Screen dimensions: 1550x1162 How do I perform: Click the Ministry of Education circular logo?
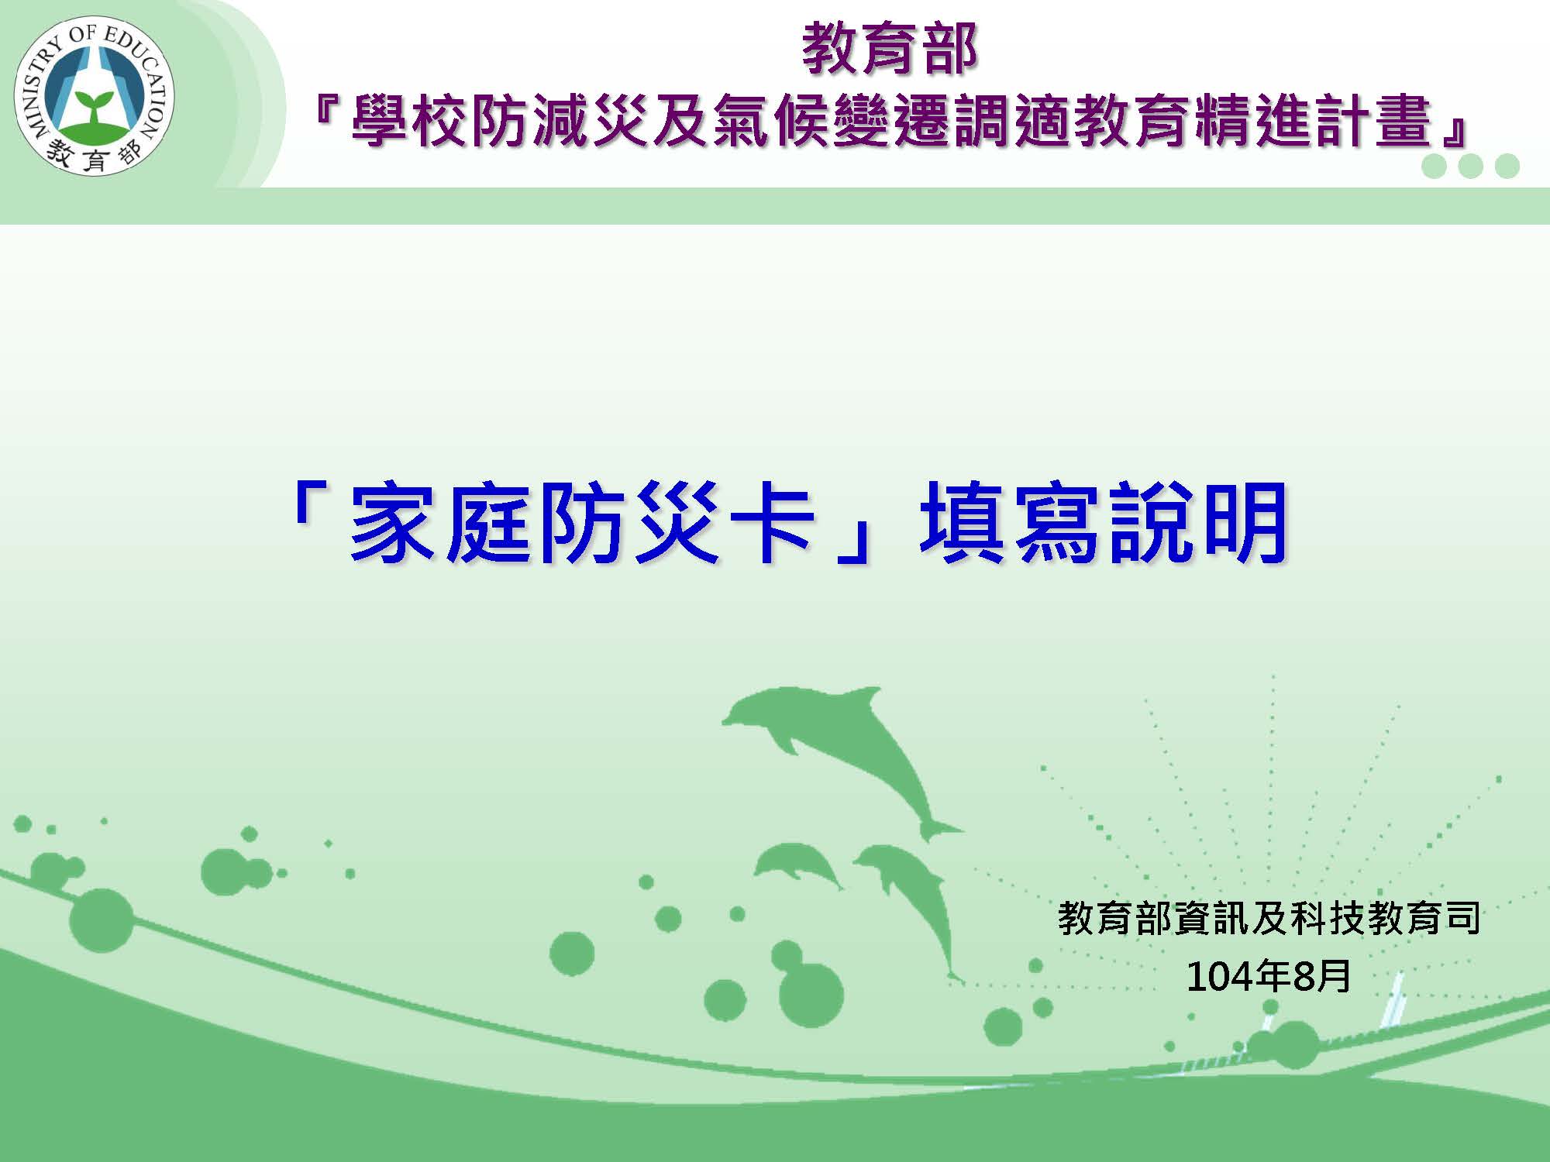tap(95, 100)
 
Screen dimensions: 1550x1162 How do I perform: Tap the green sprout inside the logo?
tap(93, 108)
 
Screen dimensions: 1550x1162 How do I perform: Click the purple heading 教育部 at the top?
tap(890, 50)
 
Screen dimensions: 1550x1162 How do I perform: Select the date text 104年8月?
tap(1269, 976)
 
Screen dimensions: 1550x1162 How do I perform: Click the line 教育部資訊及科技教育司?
tap(1269, 918)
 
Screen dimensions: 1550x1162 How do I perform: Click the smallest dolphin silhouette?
tap(798, 866)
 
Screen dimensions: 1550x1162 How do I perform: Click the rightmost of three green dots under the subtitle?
tap(1507, 167)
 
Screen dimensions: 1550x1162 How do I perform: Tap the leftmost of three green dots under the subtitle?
tap(1435, 167)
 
